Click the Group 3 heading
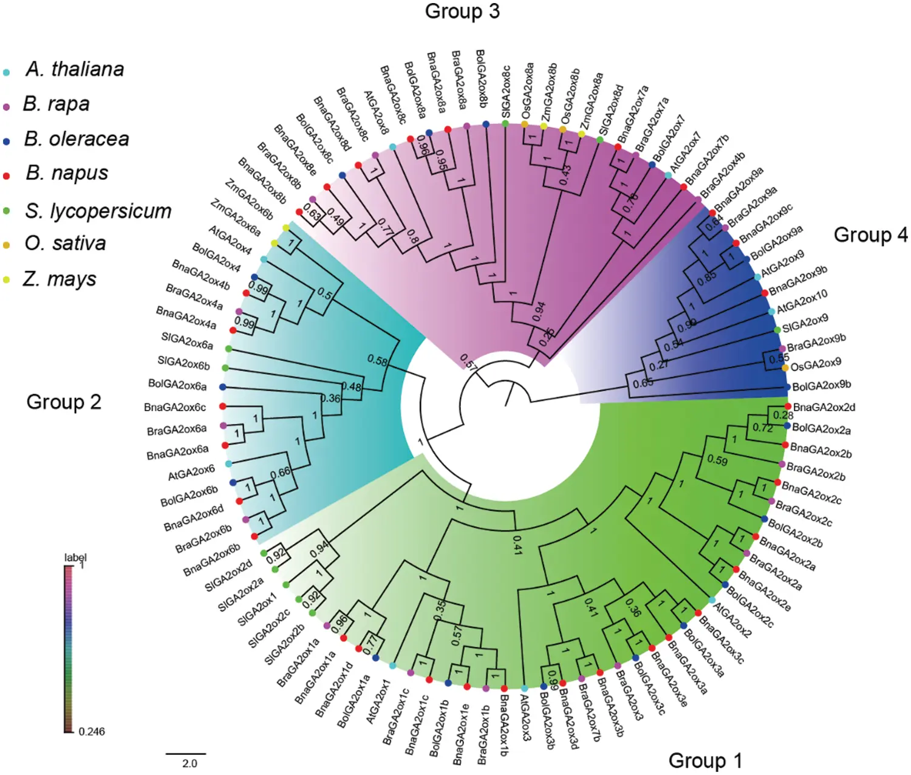pyautogui.click(x=462, y=11)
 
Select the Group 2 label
pyautogui.click(x=64, y=402)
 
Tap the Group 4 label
pyautogui.click(x=870, y=234)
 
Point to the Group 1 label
pyautogui.click(x=705, y=760)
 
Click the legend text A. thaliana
pyautogui.click(x=75, y=69)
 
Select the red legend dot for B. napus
pyautogui.click(x=7, y=176)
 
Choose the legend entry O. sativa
pyautogui.click(x=65, y=244)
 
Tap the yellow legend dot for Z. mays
pyautogui.click(x=7, y=281)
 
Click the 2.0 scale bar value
pyautogui.click(x=189, y=763)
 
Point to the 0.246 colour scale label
pyautogui.click(x=92, y=732)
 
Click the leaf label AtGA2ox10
pyautogui.click(x=802, y=301)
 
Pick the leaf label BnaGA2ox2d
pyautogui.click(x=824, y=407)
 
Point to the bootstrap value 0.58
pyautogui.click(x=377, y=360)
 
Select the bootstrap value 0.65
pyautogui.click(x=643, y=383)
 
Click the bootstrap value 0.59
pyautogui.click(x=717, y=460)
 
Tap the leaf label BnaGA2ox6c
pyautogui.click(x=175, y=407)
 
